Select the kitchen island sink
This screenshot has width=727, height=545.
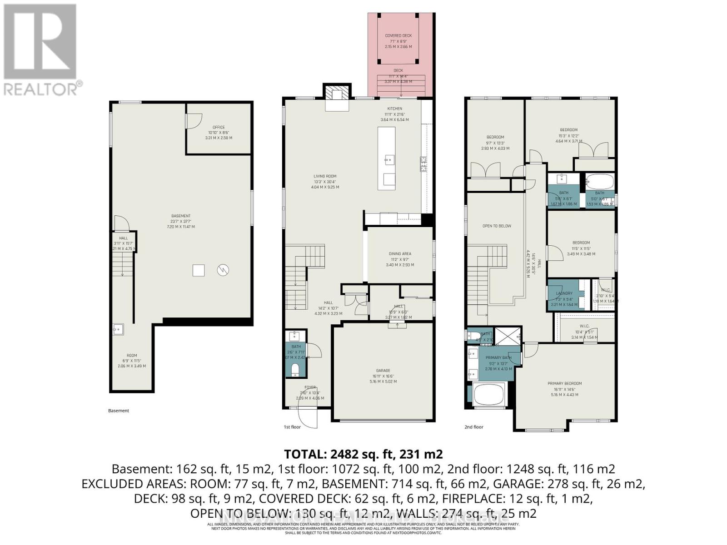tap(389, 159)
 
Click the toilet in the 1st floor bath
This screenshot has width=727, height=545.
tap(295, 368)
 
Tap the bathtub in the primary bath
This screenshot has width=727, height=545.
tap(489, 394)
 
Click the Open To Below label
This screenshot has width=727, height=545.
tap(497, 226)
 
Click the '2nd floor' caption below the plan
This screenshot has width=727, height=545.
tap(474, 427)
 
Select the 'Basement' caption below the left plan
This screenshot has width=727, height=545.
tap(119, 411)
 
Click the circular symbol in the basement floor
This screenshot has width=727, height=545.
tap(223, 270)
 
